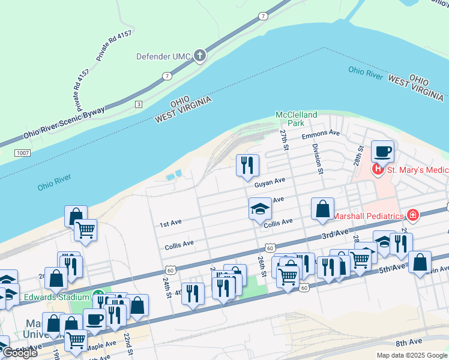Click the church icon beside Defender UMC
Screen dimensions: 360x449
[199, 56]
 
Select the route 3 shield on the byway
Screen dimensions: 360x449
[139, 104]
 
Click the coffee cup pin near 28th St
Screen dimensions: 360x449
[382, 151]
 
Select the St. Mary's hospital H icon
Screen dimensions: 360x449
[378, 170]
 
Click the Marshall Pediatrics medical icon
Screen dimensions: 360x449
[412, 215]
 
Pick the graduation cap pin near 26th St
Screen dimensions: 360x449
[260, 210]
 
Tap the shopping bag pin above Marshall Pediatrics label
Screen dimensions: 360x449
[322, 209]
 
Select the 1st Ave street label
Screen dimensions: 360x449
[170, 224]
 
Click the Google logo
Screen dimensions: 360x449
[20, 353]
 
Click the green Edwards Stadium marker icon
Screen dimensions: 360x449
[98, 297]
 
